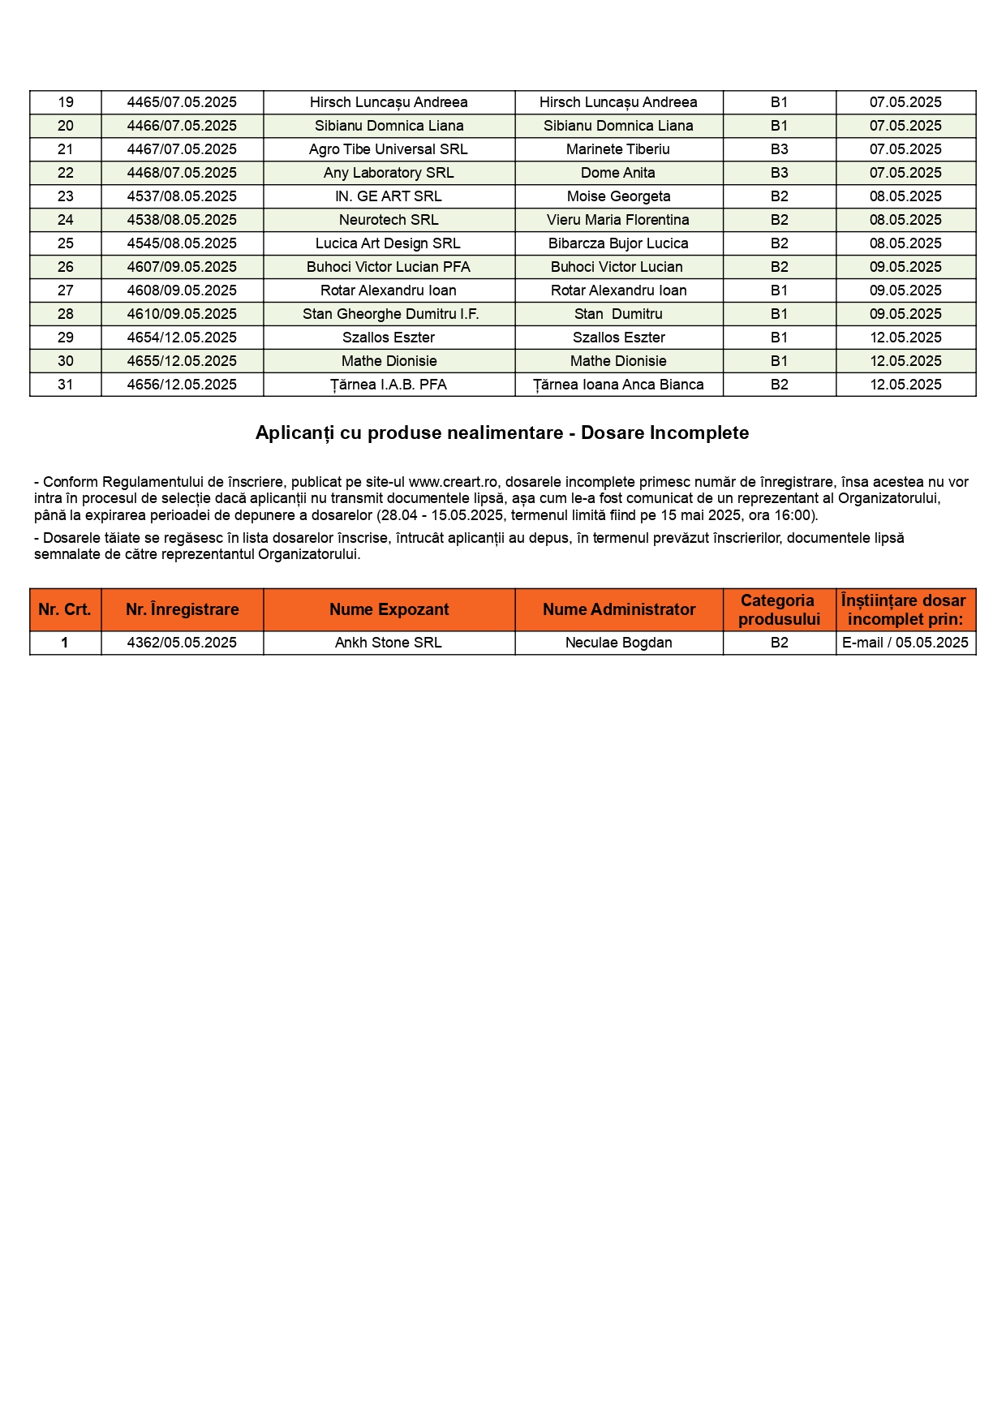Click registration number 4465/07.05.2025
182,102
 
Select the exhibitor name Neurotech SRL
389,220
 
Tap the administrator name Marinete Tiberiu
618,149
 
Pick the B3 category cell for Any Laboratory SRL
779,173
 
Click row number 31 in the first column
66,385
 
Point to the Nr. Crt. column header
65,610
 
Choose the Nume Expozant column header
389,610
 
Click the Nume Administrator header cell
619,610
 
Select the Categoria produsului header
779,610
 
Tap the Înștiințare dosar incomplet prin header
905,610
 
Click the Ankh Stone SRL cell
389,643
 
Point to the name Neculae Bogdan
619,643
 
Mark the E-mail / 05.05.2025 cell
905,643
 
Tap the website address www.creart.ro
453,482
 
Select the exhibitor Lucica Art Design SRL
389,243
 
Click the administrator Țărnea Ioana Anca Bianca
618,385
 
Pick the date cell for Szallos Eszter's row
905,338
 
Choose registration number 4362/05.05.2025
182,643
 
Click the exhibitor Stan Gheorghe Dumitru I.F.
390,314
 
